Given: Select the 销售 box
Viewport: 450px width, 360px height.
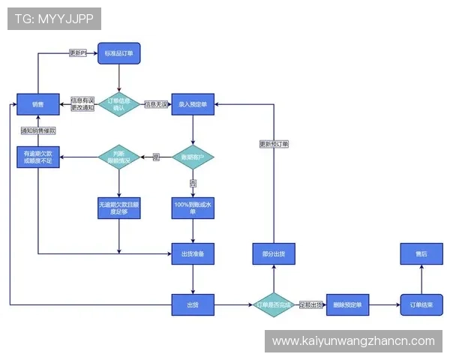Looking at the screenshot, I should (x=38, y=104).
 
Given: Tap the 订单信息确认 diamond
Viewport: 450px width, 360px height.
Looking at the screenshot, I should (x=118, y=104).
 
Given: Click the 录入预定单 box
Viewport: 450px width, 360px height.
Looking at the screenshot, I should (x=193, y=104).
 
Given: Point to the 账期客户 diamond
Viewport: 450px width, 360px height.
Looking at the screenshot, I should (x=193, y=157).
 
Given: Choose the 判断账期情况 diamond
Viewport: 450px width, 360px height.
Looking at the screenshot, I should (x=118, y=157).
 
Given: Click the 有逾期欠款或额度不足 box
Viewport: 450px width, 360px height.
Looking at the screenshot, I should (x=38, y=157).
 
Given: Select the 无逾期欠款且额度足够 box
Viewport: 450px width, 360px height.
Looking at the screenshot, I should (x=118, y=208).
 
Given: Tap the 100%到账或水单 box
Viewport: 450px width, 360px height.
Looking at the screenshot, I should (x=193, y=208).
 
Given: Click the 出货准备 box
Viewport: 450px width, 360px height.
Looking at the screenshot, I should (x=193, y=254).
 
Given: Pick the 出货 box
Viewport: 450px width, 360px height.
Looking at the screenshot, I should (x=193, y=304).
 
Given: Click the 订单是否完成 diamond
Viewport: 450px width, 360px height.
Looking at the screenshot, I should (x=274, y=304).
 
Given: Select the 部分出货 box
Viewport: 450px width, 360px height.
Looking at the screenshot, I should (x=274, y=254).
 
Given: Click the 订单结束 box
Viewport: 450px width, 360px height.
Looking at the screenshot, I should (x=421, y=304).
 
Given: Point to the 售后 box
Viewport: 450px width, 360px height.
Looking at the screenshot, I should (x=421, y=254).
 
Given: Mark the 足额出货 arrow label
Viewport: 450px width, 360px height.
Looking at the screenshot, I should (x=310, y=304).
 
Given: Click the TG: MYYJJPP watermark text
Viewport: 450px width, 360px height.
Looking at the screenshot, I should (x=54, y=19).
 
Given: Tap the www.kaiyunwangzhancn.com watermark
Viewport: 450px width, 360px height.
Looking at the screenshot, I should (x=353, y=341).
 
